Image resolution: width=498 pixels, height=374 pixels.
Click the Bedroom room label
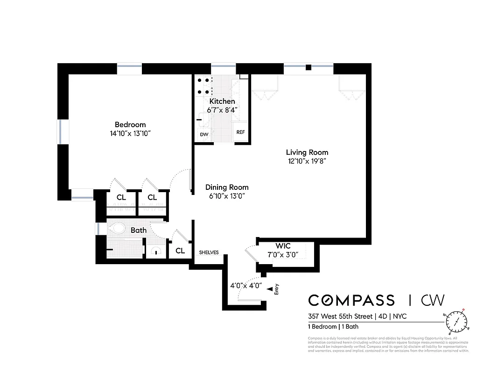point(130,124)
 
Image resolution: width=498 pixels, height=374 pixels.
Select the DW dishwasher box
point(204,134)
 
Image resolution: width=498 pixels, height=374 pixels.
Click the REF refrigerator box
point(240,132)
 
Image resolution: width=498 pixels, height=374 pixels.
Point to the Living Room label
point(307,152)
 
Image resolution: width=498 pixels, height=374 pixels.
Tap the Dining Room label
point(227,187)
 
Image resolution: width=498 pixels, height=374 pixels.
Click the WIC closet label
point(283,245)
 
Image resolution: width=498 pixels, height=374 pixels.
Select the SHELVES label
point(209,252)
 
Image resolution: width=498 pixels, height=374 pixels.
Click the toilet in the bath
point(117,229)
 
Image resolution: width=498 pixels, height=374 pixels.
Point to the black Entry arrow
point(269,290)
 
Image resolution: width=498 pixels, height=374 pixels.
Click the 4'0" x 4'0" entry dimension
point(246,285)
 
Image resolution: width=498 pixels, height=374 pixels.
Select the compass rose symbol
point(457,321)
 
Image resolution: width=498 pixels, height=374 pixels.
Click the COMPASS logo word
point(351,300)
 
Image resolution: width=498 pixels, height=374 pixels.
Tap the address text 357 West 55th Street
point(341,316)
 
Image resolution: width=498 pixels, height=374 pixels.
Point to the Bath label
point(139,230)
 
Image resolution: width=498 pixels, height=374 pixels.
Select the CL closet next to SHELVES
point(180,251)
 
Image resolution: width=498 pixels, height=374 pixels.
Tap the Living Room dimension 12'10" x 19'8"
point(307,161)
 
